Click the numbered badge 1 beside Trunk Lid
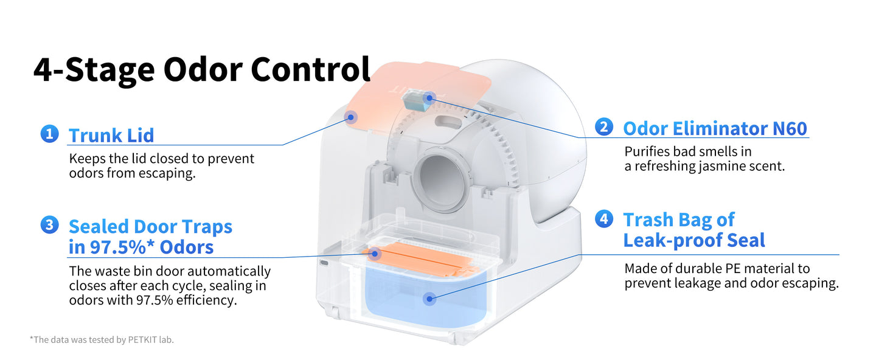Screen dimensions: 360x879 coord(49,134)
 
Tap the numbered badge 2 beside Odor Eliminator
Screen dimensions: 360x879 coord(603,126)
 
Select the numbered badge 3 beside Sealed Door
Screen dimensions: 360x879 coord(49,225)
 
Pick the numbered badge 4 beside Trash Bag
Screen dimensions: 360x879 coord(603,219)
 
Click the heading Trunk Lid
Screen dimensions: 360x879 coord(111,135)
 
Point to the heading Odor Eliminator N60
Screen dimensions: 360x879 coord(715,128)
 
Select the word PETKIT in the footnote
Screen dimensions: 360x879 coord(142,340)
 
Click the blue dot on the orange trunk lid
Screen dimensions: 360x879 coord(352,117)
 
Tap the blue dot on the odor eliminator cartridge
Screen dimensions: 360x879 coord(429,97)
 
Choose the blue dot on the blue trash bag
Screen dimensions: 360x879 coord(431,298)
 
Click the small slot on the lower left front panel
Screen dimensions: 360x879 coord(323,263)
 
